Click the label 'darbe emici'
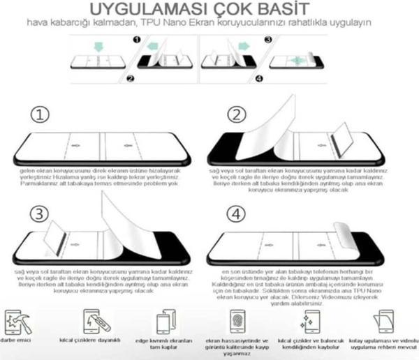coord(17,342)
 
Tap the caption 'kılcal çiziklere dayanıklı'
coord(95,342)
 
